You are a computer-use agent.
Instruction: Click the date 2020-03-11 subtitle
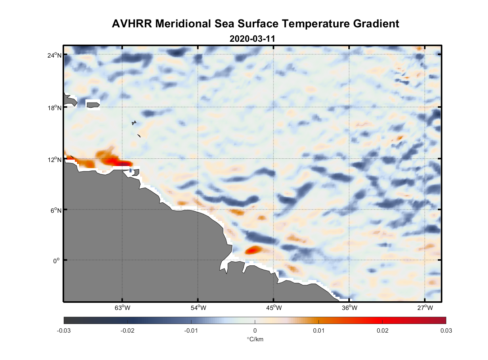pyautogui.click(x=252, y=39)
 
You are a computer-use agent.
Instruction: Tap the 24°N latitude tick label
pyautogui.click(x=54, y=55)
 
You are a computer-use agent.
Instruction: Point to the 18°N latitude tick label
pyautogui.click(x=54, y=108)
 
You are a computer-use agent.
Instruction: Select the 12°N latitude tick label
pyautogui.click(x=54, y=159)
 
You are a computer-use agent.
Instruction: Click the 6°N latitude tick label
pyautogui.click(x=56, y=210)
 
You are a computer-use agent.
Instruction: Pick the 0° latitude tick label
pyautogui.click(x=57, y=261)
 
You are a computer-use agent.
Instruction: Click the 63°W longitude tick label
pyautogui.click(x=122, y=307)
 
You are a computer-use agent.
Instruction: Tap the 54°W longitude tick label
pyautogui.click(x=198, y=307)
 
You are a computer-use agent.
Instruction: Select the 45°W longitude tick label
pyautogui.click(x=274, y=307)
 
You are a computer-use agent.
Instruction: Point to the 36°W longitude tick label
pyautogui.click(x=349, y=307)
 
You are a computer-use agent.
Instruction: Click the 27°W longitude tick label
pyautogui.click(x=425, y=307)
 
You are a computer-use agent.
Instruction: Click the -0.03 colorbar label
pyautogui.click(x=64, y=330)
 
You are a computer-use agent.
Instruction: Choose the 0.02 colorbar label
pyautogui.click(x=382, y=330)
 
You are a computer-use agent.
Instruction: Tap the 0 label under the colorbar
pyautogui.click(x=255, y=330)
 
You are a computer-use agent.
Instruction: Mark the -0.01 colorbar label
pyautogui.click(x=191, y=330)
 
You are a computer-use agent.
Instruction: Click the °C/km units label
pyautogui.click(x=255, y=339)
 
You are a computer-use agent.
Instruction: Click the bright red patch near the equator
pyautogui.click(x=253, y=249)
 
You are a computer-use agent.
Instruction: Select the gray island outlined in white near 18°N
pyautogui.click(x=93, y=105)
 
